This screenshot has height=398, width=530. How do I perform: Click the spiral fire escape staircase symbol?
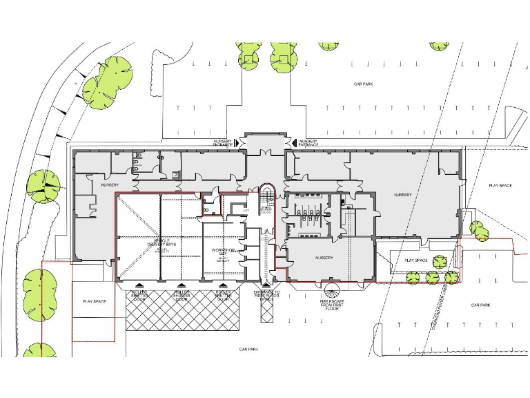[333, 292]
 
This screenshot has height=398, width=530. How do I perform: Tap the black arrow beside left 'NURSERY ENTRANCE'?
[237, 142]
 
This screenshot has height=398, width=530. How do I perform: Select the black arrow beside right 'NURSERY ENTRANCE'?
[294, 142]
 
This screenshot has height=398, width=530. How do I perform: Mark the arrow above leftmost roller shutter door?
[141, 285]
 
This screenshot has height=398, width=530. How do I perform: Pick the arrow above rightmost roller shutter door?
[222, 285]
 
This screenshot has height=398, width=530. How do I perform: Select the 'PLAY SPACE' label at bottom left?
[94, 302]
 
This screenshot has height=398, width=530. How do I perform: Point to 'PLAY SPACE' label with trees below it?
[416, 260]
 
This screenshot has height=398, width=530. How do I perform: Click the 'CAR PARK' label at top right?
[364, 84]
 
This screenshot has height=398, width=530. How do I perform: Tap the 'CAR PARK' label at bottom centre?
[248, 350]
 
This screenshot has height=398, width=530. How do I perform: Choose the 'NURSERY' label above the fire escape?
[324, 258]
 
